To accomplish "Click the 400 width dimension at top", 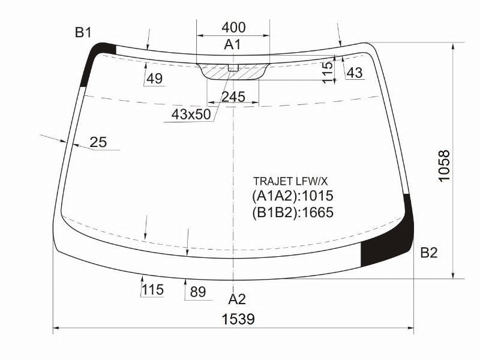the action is [233, 28].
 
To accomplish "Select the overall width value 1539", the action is [238, 319].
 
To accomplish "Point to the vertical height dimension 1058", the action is [444, 166].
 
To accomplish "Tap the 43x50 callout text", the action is [191, 115].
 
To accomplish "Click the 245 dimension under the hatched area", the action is [233, 97].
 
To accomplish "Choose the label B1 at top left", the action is [83, 32].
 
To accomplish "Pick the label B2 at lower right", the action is [429, 253].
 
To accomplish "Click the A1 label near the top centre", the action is [232, 44].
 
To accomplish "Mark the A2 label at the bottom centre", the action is [237, 299].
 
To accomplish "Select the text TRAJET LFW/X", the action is [290, 182].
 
